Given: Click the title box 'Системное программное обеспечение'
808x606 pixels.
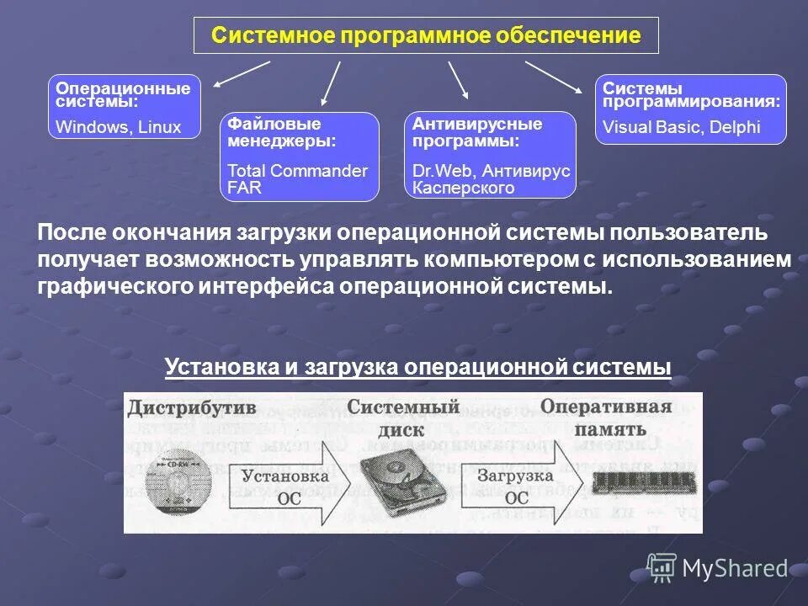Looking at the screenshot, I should click(x=425, y=35).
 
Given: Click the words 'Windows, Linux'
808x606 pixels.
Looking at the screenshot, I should click(x=118, y=127).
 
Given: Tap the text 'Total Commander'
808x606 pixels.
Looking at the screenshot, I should click(x=297, y=171).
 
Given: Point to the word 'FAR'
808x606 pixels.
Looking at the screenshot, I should click(x=244, y=188).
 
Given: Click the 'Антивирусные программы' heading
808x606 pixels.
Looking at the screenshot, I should click(x=476, y=132).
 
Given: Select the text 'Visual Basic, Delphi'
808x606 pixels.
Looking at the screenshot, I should click(x=682, y=127).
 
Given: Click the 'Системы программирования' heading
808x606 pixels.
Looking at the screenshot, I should click(x=690, y=94).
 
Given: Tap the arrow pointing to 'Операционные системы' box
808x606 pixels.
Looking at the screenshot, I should click(x=241, y=73).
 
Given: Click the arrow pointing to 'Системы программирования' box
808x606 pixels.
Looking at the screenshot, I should click(x=553, y=76).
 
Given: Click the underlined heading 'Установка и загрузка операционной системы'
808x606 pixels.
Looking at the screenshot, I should click(x=418, y=367).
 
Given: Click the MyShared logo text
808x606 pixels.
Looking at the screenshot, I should click(x=734, y=568).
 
